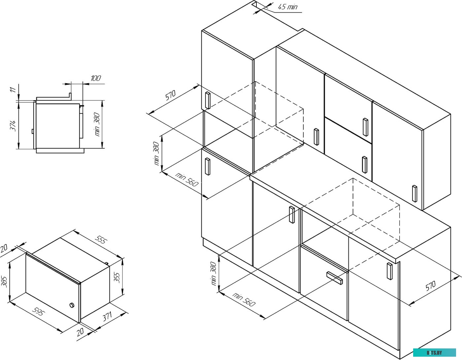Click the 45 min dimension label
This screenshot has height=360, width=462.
(x=287, y=7)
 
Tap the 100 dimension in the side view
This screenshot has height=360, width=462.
(x=96, y=78)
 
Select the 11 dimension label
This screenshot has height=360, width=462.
(x=13, y=90)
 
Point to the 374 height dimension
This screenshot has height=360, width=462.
(x=13, y=126)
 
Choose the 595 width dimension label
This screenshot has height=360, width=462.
(x=39, y=312)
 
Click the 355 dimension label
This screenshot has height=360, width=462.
(x=117, y=278)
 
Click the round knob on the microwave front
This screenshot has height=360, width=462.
(x=72, y=305)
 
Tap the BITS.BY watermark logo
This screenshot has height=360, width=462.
(x=434, y=352)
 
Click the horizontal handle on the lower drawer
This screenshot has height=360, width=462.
(x=335, y=278)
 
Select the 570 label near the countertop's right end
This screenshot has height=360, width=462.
(x=431, y=286)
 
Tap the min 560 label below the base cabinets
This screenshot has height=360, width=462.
(x=244, y=299)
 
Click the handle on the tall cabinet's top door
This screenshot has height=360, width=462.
(x=208, y=100)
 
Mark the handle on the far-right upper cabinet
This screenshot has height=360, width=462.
(x=414, y=194)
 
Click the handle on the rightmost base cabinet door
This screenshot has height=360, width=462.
(x=389, y=271)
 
